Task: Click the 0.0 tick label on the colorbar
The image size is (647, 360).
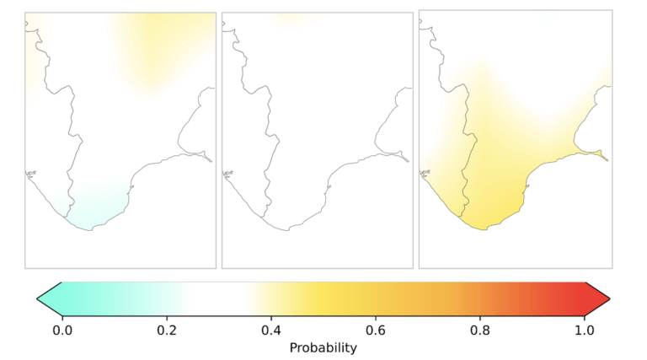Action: point(62,330)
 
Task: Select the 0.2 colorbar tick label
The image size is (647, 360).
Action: point(167,330)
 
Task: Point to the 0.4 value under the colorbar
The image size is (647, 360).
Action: point(271,330)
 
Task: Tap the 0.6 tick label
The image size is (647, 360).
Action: point(376,330)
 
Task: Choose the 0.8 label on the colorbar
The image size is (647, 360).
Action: point(480,330)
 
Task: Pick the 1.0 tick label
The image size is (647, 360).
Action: point(585,330)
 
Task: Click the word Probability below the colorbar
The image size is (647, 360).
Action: point(323,347)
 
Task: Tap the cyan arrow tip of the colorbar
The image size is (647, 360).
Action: point(38,299)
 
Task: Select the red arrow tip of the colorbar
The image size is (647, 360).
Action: point(609,299)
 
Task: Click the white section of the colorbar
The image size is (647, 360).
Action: point(219,299)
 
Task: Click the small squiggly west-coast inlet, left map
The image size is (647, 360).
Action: point(30,175)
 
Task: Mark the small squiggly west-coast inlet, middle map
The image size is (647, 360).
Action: point(227,175)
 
